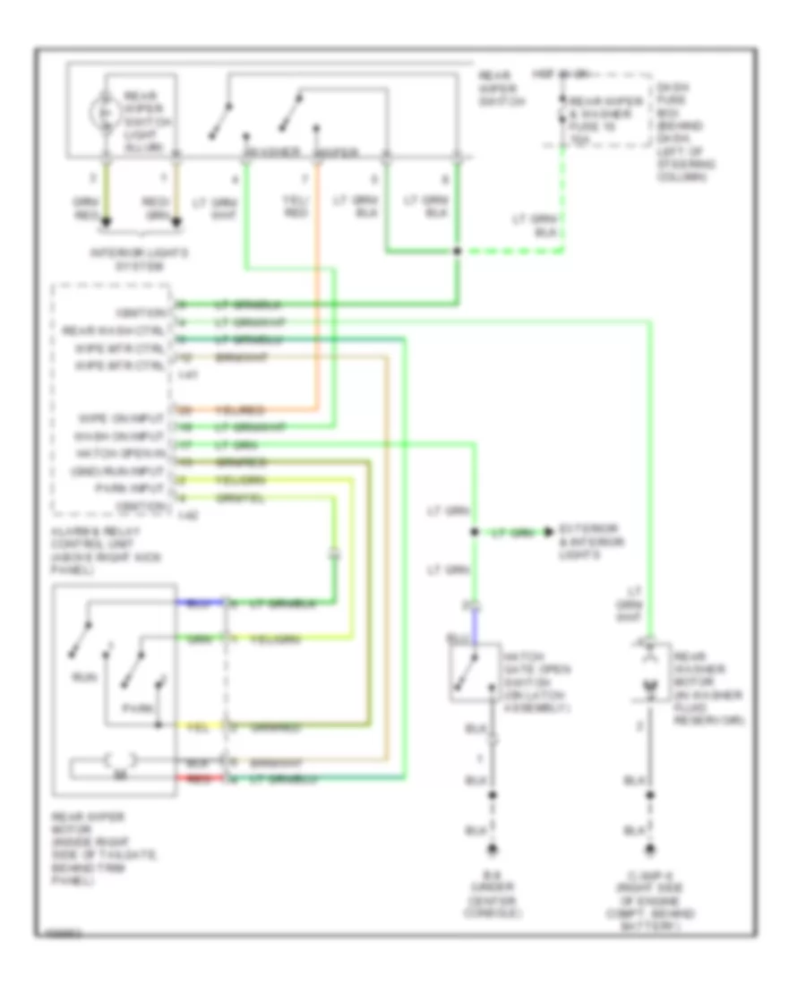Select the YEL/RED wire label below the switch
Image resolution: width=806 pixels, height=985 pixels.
(293, 208)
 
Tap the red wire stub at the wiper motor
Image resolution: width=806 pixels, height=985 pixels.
(188, 778)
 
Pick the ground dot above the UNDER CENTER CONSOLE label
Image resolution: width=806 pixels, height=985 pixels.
(492, 848)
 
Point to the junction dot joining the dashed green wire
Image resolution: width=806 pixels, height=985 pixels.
(457, 252)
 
